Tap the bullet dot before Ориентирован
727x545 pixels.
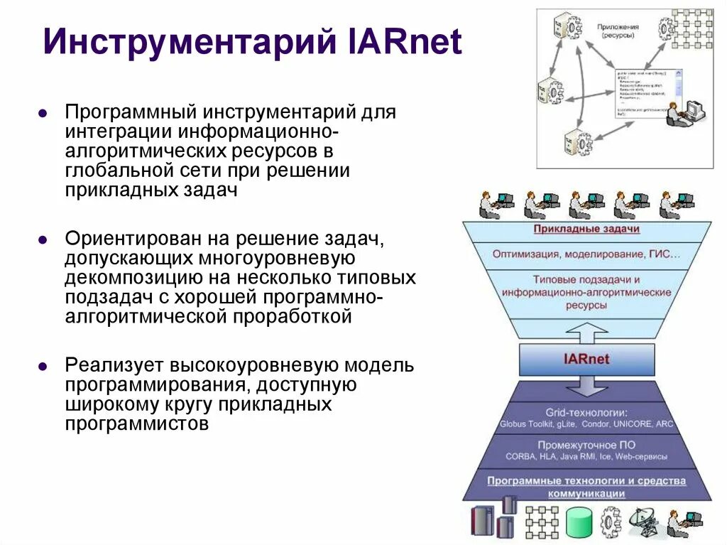click(x=43, y=239)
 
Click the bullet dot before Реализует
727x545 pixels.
click(x=43, y=367)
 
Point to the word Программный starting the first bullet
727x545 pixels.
click(x=131, y=112)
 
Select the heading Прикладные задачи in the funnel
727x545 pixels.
click(x=586, y=229)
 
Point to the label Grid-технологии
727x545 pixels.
click(x=586, y=412)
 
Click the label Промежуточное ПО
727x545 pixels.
click(x=586, y=445)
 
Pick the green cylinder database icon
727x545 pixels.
click(x=579, y=523)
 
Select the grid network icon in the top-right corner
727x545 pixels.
click(x=692, y=28)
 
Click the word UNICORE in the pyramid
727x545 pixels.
click(x=632, y=424)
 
